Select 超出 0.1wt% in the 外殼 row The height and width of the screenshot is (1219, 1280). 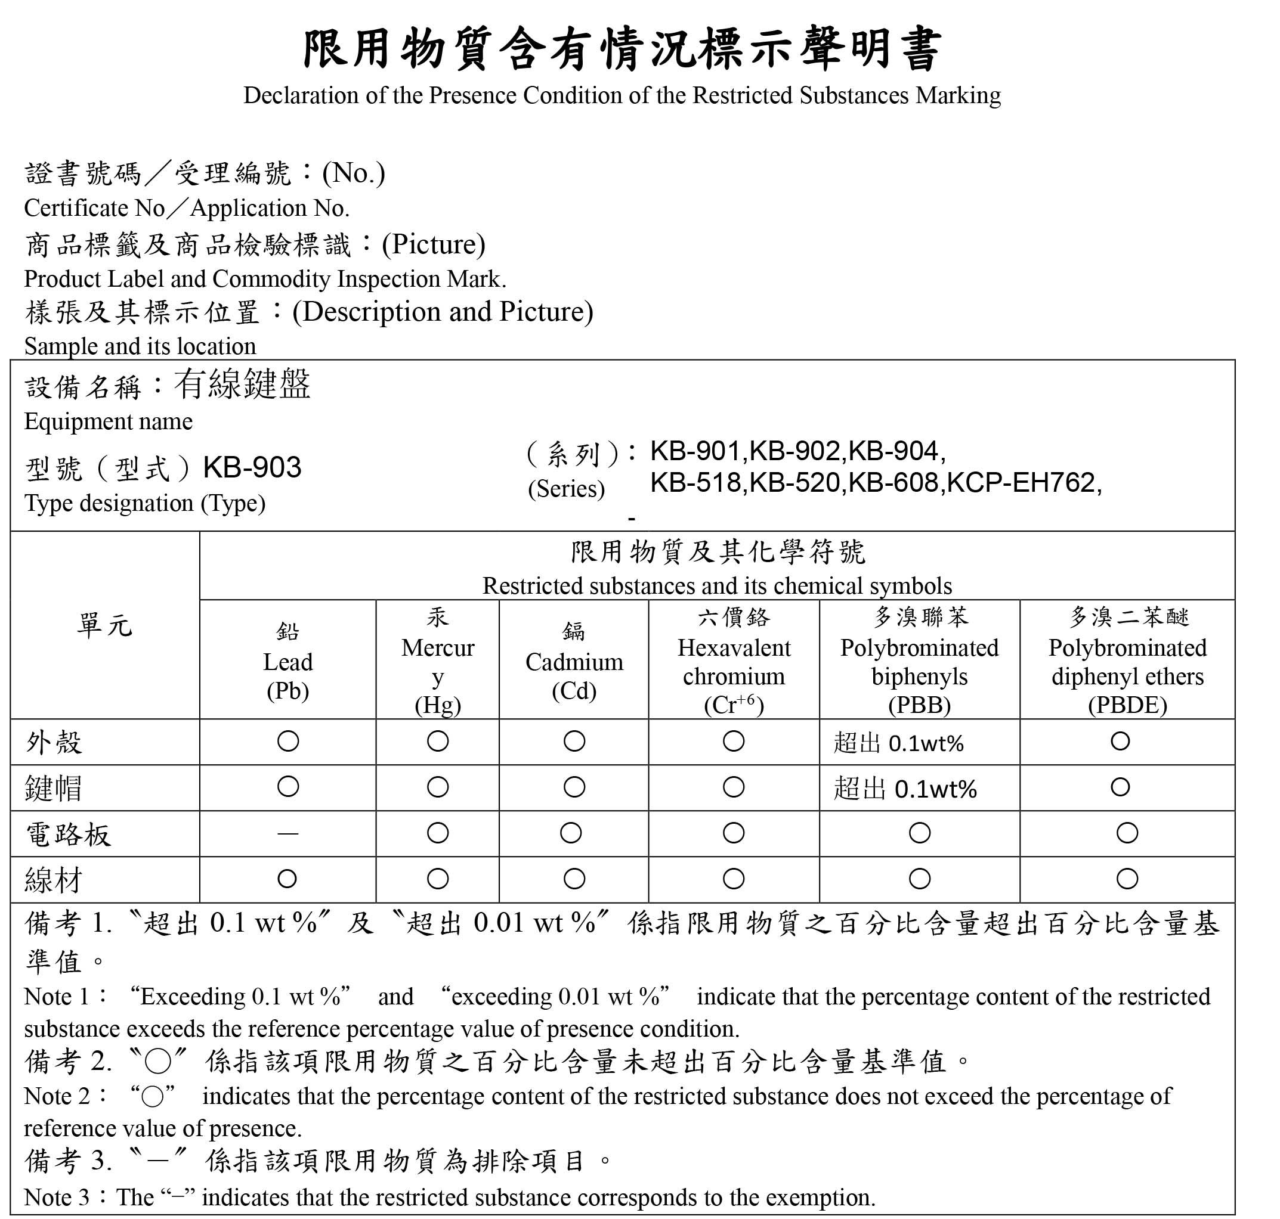click(x=898, y=743)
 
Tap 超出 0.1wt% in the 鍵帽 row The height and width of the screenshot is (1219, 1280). click(x=905, y=789)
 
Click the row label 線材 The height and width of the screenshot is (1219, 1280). click(x=53, y=880)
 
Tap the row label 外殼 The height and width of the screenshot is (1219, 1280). click(x=53, y=742)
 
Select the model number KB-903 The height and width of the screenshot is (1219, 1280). click(x=252, y=468)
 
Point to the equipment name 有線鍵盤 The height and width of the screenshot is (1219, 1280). click(x=242, y=384)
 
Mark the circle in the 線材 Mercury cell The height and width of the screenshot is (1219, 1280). click(x=437, y=879)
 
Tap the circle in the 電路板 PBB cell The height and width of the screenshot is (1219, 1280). click(x=919, y=833)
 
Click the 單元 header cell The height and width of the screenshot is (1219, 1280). click(x=104, y=626)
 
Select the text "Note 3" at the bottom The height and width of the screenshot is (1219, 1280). click(x=56, y=1197)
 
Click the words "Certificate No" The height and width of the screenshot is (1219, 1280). click(x=94, y=208)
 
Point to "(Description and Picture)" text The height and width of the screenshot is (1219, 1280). click(x=443, y=312)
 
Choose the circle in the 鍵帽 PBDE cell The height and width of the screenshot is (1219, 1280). click(x=1120, y=787)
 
